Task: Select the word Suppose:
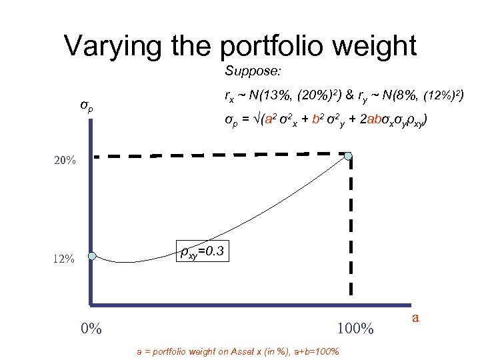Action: pyautogui.click(x=248, y=71)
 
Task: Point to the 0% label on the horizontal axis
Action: pyautogui.click(x=91, y=329)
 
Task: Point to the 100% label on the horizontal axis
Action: pyautogui.click(x=355, y=329)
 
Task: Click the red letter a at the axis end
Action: pyautogui.click(x=415, y=318)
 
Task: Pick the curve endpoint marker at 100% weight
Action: pyautogui.click(x=349, y=156)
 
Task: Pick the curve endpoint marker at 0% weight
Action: pyautogui.click(x=92, y=255)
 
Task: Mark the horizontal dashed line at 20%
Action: pyautogui.click(x=220, y=156)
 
